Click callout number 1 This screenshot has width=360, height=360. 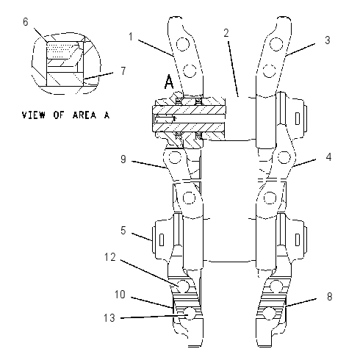point(131,37)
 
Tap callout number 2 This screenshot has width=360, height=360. point(226,33)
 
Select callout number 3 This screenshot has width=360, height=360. point(328,40)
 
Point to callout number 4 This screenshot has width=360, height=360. point(328,157)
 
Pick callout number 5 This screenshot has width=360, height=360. point(123,231)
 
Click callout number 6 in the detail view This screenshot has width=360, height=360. point(26,22)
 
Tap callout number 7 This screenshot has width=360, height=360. point(123,71)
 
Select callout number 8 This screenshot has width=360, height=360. point(330,297)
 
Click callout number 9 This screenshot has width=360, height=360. point(123,159)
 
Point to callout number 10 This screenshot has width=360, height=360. point(120,295)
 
